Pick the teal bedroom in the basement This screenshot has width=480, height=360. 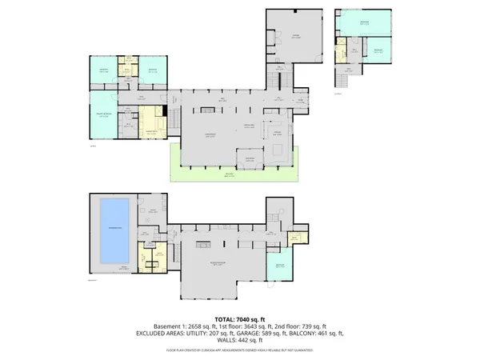pyautogui.click(x=279, y=266)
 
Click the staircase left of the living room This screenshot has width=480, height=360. pyautogui.click(x=170, y=121)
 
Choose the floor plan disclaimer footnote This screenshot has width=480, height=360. pyautogui.click(x=239, y=350)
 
